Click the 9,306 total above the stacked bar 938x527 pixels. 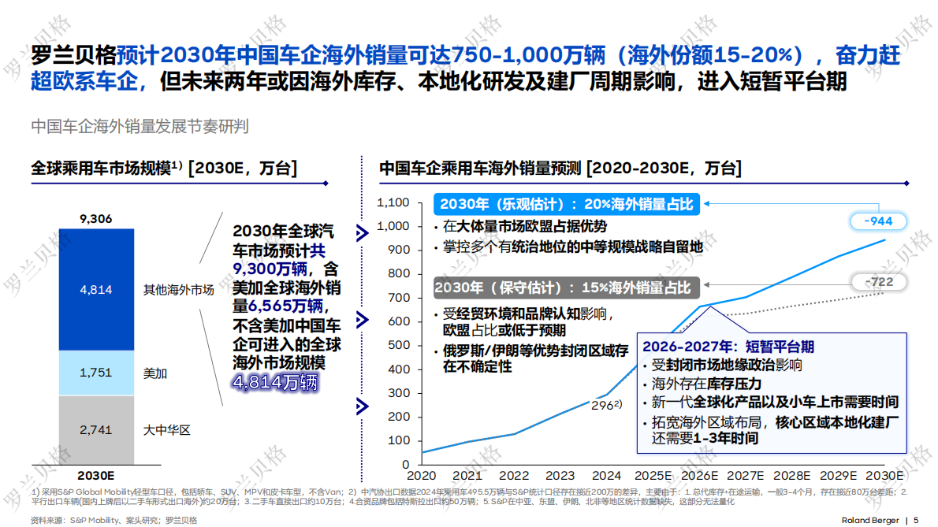coord(96,218)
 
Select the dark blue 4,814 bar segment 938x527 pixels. coord(96,290)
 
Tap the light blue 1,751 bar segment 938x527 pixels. coord(96,373)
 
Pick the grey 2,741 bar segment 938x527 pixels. coord(96,430)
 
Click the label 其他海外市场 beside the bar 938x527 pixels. coord(178,290)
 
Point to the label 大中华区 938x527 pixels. coord(167,430)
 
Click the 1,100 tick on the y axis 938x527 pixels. coord(393,202)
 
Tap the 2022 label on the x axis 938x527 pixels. coord(514,476)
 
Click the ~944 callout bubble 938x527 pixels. coord(877,221)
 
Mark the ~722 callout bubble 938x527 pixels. coord(877,281)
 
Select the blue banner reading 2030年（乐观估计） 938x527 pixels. coord(566,204)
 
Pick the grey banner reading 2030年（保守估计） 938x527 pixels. coord(566,288)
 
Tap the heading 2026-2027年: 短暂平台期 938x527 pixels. coord(728,347)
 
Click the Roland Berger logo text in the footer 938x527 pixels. coord(870,520)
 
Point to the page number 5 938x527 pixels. coord(916,520)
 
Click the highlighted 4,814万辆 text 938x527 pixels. coord(274,384)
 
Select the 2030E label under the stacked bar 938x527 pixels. coord(96,476)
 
